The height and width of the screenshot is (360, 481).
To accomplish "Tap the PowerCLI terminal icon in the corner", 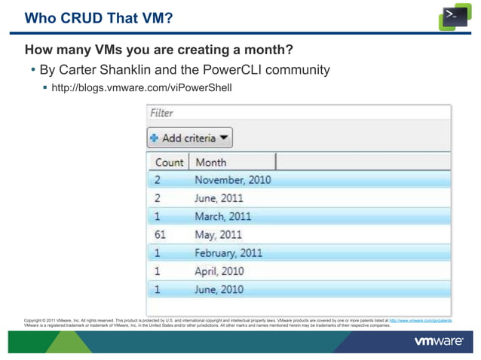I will point(455,17).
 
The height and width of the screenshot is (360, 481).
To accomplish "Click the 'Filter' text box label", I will point(161,113).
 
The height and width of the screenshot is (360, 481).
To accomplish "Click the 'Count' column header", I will point(169,162).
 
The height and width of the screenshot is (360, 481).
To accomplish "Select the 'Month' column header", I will point(210,162).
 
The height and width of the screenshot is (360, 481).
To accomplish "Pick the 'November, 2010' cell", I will point(232,180).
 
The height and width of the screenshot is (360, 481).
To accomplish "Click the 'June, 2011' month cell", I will point(219,198).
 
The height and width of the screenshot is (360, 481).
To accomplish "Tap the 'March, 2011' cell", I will point(222,216).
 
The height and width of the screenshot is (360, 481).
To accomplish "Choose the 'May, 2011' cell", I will point(218,234).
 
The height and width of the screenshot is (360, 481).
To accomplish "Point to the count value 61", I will point(161,234).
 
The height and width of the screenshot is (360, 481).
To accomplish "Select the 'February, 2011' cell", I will point(228,252).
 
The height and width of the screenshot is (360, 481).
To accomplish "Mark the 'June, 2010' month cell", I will point(219,288).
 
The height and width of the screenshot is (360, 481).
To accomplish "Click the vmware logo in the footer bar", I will point(438,342).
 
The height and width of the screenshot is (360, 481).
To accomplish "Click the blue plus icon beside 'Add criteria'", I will point(154,138).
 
